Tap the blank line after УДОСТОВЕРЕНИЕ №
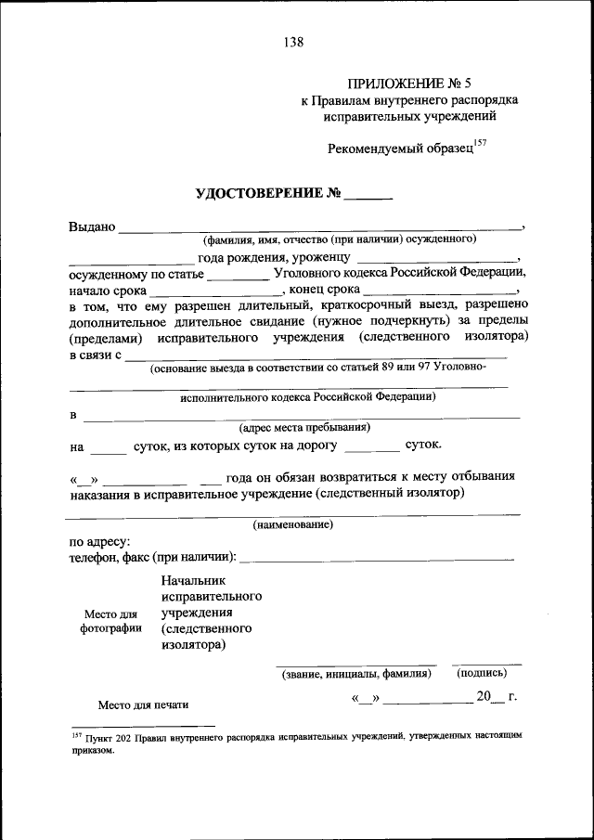[368, 197]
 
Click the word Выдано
[92, 226]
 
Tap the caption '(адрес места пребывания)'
[303, 428]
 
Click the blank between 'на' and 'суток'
[110, 448]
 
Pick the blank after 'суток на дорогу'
[370, 448]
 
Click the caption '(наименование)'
[293, 525]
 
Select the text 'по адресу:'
[99, 541]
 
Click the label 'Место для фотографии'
[110, 621]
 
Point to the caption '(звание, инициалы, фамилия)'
[356, 674]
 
